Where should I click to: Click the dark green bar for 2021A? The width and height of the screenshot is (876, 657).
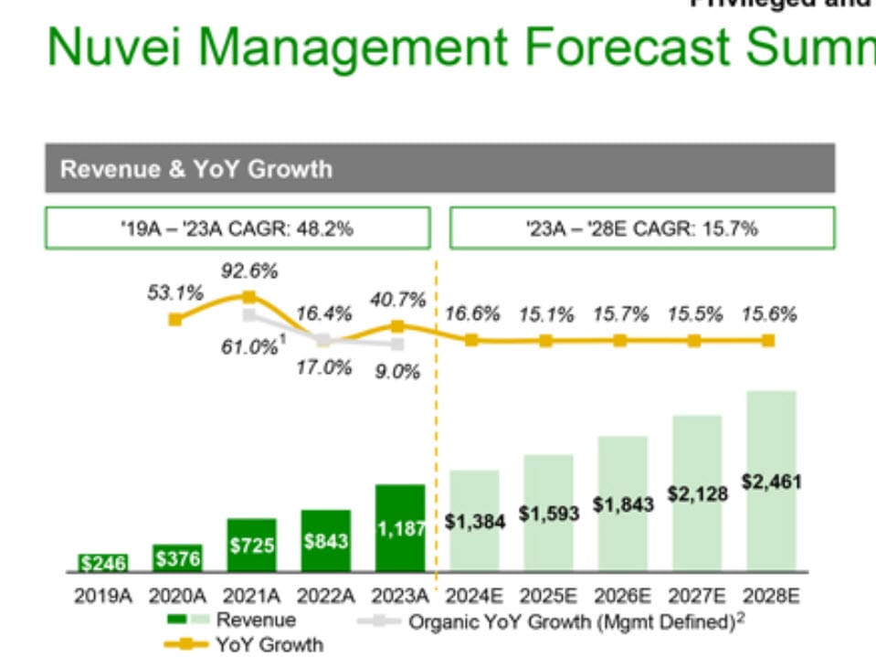tap(251, 545)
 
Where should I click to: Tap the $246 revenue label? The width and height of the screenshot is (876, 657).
tap(102, 563)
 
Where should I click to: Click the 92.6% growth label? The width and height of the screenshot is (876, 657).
tap(249, 271)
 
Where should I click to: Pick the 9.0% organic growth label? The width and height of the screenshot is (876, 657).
tap(397, 372)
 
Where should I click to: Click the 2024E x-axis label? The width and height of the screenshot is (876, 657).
tap(474, 597)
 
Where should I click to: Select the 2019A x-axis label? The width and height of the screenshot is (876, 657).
tap(102, 597)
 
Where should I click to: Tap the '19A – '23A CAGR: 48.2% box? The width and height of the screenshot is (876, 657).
tap(237, 228)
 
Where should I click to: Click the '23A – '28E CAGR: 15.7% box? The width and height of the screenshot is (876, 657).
tap(641, 228)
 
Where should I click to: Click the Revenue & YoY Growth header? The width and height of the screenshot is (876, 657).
tap(195, 169)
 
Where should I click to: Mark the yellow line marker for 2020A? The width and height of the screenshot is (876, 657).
tap(175, 319)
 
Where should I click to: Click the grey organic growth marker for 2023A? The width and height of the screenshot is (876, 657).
tap(397, 344)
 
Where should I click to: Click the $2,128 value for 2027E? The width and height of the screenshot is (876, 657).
tap(698, 494)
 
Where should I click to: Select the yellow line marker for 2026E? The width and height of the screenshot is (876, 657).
tap(620, 340)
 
